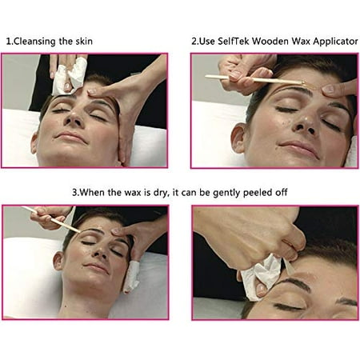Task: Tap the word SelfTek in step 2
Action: click(234, 41)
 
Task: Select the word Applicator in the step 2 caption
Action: click(335, 42)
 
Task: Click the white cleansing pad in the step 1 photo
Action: click(70, 76)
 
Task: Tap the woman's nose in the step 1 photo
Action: click(74, 118)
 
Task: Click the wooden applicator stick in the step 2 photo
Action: click(254, 79)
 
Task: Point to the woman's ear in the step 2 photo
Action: click(238, 138)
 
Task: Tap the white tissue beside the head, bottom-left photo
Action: click(131, 277)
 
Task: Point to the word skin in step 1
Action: click(82, 41)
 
